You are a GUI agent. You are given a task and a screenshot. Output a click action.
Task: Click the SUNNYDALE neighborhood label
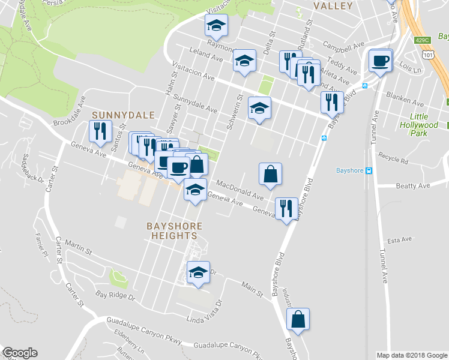(123, 115)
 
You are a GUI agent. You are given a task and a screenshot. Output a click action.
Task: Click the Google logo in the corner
(20, 353)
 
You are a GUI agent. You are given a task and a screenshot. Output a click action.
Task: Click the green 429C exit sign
(422, 40)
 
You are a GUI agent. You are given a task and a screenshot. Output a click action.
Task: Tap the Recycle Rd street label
(393, 161)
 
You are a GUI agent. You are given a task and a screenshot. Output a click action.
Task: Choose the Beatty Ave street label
(413, 186)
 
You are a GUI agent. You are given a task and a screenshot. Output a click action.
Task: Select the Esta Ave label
(401, 240)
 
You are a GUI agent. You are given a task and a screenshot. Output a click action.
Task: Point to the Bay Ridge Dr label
(115, 296)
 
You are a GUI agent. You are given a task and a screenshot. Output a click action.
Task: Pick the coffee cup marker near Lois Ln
(380, 61)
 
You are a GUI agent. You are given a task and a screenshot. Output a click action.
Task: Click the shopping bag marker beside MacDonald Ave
(271, 174)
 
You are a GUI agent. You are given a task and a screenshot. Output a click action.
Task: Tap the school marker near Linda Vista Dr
(198, 273)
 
